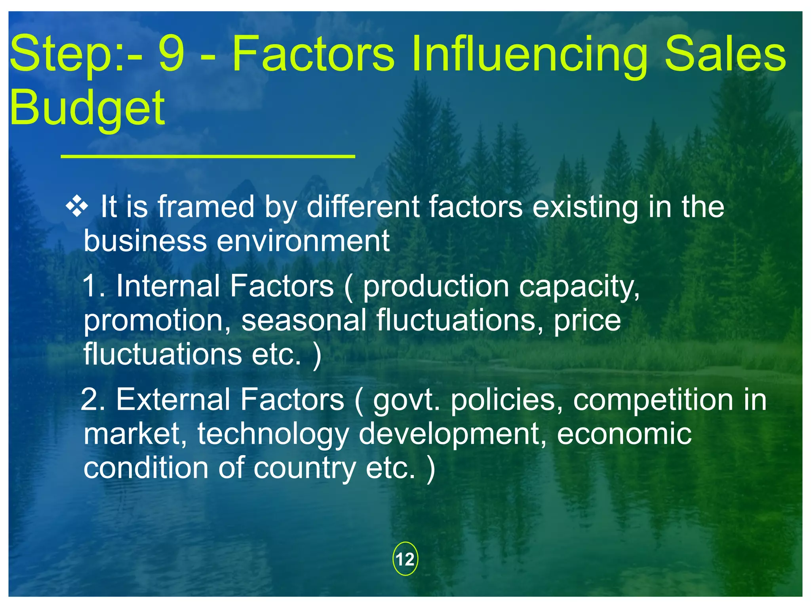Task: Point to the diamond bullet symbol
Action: coord(77,207)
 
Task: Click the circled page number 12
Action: coord(405,559)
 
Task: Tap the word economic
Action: coord(624,433)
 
